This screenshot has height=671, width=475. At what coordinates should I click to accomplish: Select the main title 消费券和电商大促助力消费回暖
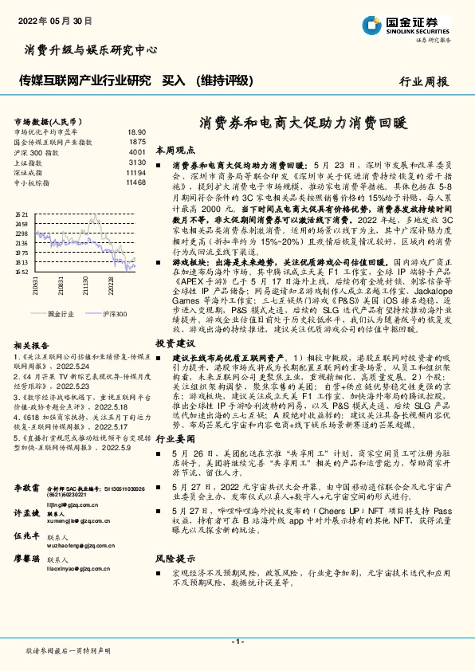(x=303, y=124)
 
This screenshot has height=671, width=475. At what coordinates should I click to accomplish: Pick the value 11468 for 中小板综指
(x=135, y=182)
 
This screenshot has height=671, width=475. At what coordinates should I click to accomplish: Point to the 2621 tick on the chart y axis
(x=22, y=215)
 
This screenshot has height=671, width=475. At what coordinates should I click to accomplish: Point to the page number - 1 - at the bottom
(x=237, y=642)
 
